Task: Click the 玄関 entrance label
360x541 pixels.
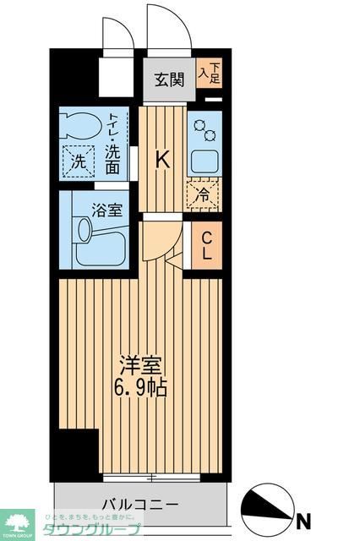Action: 169,80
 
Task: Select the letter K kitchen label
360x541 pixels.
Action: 164,157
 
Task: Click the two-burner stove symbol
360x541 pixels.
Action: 205,128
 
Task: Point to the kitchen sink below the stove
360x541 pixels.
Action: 204,161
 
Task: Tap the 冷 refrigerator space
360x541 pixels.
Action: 204,194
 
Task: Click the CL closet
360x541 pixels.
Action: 206,246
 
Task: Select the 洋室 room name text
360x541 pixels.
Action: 139,367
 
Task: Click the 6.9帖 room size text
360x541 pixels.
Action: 139,388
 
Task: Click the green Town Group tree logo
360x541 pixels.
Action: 16,522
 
